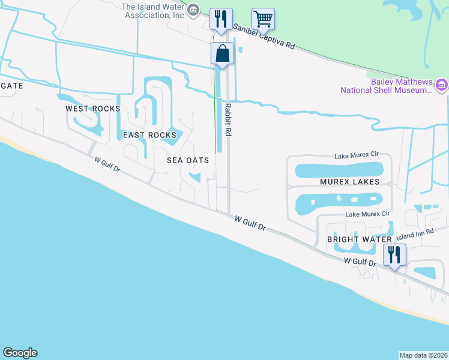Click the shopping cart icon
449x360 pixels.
click(x=263, y=19)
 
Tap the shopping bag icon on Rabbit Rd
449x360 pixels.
click(x=222, y=54)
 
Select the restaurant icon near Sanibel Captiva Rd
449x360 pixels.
click(x=221, y=19)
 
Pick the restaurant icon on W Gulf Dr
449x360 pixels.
click(x=395, y=255)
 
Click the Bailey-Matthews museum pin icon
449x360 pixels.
click(x=442, y=85)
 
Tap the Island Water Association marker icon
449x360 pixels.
click(x=193, y=9)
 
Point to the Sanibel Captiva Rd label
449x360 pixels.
click(x=264, y=37)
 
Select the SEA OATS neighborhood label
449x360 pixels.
click(x=188, y=160)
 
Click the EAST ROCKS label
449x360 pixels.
click(x=149, y=135)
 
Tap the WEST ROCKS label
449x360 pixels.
click(x=93, y=109)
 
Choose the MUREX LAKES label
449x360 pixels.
click(x=349, y=181)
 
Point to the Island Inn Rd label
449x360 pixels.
click(x=414, y=233)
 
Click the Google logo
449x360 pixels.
click(x=20, y=353)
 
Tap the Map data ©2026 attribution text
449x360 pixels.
click(x=423, y=355)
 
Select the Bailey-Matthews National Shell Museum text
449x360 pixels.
click(x=387, y=86)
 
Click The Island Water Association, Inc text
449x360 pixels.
click(x=152, y=11)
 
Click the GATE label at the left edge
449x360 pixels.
click(x=11, y=86)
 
